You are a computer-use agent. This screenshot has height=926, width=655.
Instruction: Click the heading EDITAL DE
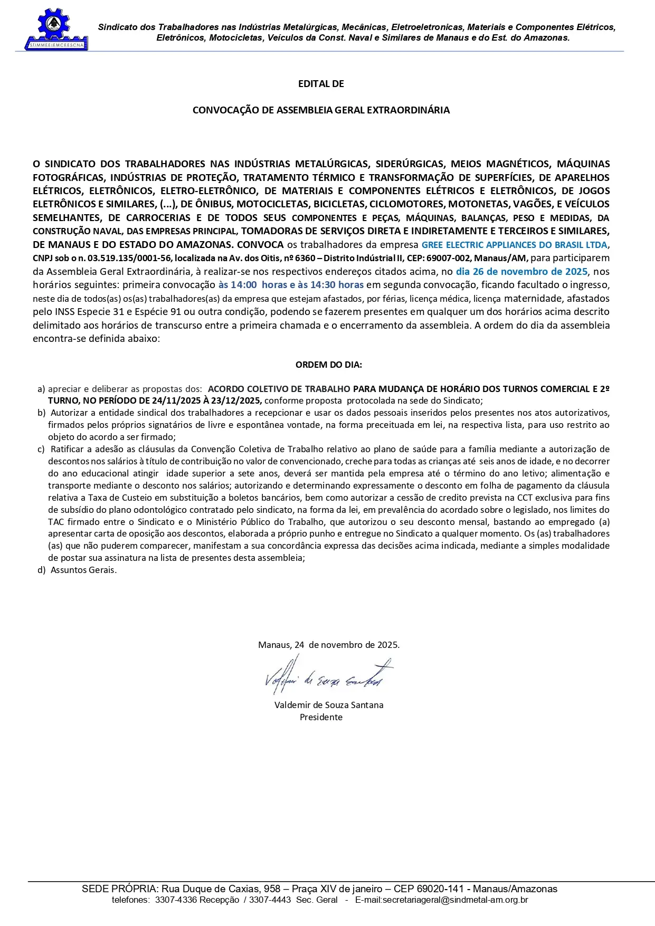pyautogui.click(x=321, y=84)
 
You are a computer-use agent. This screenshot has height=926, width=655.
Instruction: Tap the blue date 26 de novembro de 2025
pyautogui.click(x=521, y=272)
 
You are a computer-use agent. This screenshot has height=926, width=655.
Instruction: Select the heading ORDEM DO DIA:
pyautogui.click(x=328, y=365)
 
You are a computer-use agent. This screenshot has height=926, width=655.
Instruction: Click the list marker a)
pyautogui.click(x=41, y=389)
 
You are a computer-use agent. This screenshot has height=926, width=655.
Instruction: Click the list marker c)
pyautogui.click(x=41, y=449)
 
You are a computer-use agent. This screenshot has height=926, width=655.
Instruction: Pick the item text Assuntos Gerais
pyautogui.click(x=83, y=570)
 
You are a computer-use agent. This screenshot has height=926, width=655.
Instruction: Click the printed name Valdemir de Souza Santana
pyautogui.click(x=328, y=705)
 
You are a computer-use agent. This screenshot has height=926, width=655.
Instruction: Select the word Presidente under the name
pyautogui.click(x=321, y=717)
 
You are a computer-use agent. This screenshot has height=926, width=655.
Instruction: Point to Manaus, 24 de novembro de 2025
pyautogui.click(x=328, y=645)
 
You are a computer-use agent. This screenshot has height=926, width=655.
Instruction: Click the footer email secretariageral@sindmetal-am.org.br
pyautogui.click(x=441, y=900)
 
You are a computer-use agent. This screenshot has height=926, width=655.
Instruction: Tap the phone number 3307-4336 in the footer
pyautogui.click(x=176, y=900)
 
